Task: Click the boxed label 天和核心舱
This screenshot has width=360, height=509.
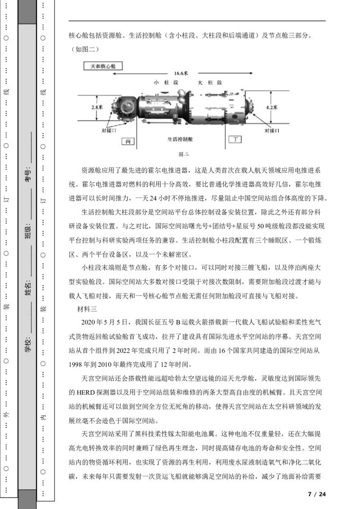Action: click(103, 66)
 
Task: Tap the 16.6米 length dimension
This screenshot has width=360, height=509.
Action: click(181, 73)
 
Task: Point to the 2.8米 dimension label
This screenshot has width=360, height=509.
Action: click(97, 107)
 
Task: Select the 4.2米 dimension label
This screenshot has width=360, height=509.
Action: click(272, 107)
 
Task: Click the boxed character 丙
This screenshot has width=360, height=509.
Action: click(128, 141)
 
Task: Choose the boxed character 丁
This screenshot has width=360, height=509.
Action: click(235, 139)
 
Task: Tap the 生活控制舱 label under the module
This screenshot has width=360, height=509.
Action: click(180, 139)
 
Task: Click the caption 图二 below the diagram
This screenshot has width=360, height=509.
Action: click(184, 154)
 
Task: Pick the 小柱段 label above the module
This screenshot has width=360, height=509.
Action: click(166, 83)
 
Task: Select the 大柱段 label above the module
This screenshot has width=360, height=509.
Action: click(210, 83)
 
